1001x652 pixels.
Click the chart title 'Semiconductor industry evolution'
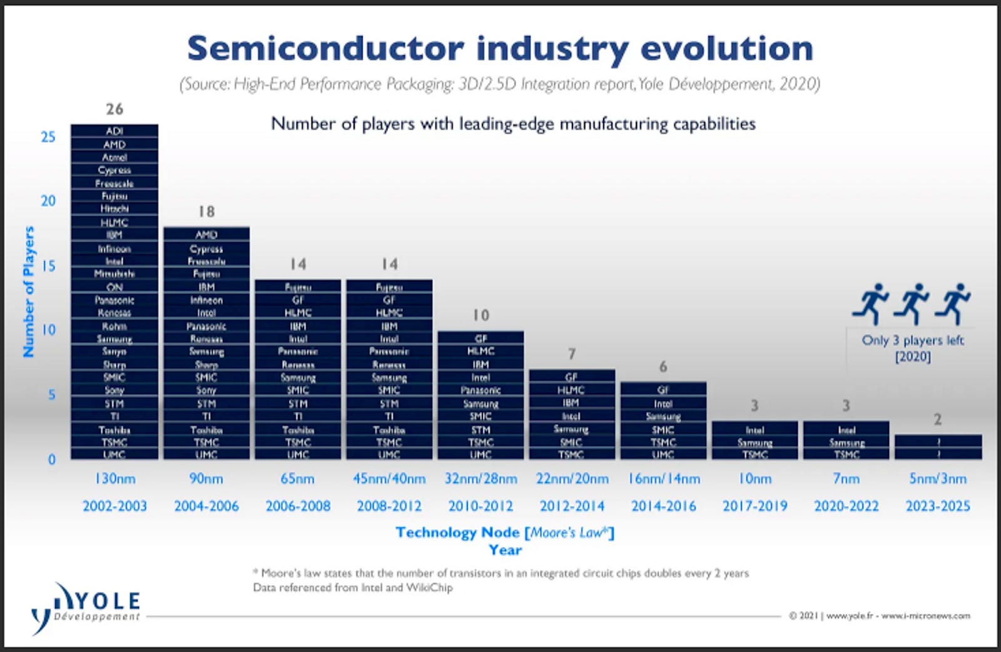500,48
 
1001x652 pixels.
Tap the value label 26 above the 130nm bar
114,109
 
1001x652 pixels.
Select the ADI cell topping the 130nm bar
114,131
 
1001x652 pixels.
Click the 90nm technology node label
206,479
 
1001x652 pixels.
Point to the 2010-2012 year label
480,506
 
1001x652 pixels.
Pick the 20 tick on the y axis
48,201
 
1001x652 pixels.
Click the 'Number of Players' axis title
29,292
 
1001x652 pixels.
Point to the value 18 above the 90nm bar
206,211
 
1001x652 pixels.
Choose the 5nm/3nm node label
937,479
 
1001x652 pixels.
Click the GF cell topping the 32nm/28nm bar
480,338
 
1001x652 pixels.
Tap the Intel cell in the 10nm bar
755,430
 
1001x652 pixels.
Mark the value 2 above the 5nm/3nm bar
937,419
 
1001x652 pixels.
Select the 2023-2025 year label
937,506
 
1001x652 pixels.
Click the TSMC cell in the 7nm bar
846,455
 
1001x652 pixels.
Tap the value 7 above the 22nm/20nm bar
571,354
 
